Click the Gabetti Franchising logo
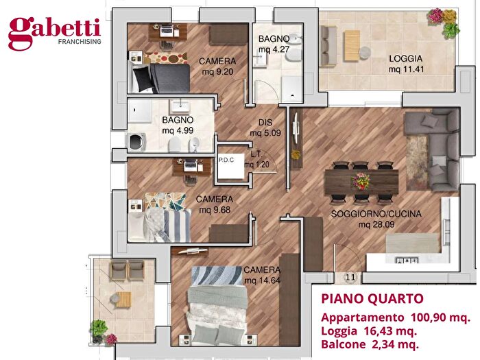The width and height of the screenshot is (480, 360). tap(54, 32)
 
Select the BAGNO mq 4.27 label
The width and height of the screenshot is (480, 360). tap(274, 44)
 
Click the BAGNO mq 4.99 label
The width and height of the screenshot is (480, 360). tap(178, 125)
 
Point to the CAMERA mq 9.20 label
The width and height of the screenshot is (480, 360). tap(217, 65)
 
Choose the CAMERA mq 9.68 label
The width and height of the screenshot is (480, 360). tap(214, 204)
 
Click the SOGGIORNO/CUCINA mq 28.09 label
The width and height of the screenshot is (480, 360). tap(376, 219)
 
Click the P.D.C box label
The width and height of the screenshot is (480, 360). tap(226, 160)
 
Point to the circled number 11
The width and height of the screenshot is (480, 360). tap(351, 277)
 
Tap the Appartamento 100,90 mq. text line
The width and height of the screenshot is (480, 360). tap(395, 317)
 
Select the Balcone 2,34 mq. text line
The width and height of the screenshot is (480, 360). tap(370, 345)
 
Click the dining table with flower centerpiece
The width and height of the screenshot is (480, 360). tap(361, 182)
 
